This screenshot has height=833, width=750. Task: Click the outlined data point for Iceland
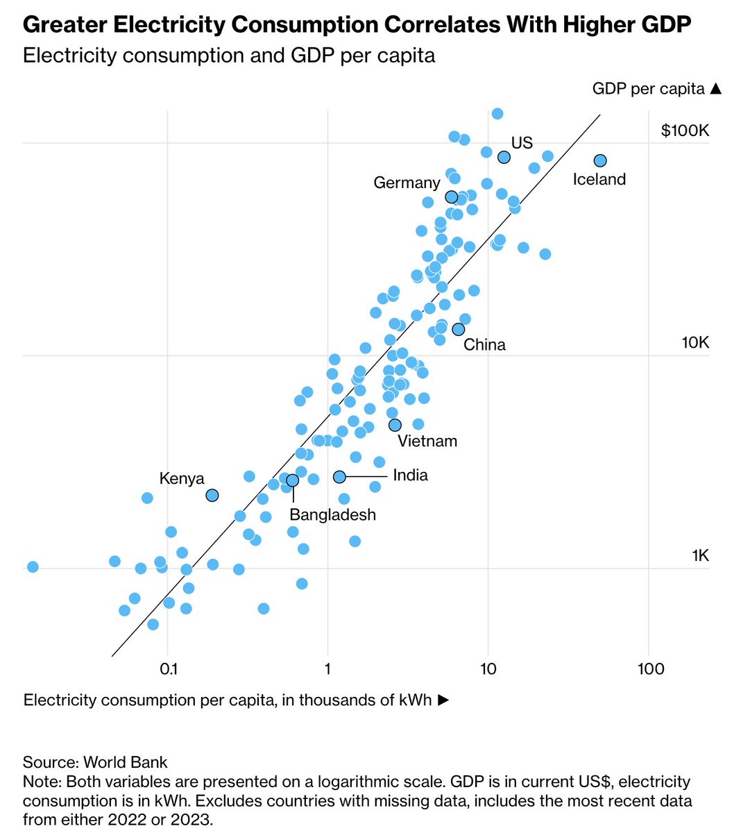(600, 160)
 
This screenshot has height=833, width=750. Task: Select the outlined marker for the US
(504, 157)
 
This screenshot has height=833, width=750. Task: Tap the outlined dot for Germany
(451, 196)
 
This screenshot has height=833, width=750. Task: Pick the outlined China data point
(458, 329)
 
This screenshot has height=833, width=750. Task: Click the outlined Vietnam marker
(395, 425)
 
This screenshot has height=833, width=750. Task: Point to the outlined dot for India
(339, 476)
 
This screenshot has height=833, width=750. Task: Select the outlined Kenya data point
(212, 495)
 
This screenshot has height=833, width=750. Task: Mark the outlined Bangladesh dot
(292, 480)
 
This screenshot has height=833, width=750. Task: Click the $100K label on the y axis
(685, 131)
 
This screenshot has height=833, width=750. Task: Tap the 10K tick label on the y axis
(695, 343)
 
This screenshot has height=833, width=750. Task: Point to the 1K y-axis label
(700, 556)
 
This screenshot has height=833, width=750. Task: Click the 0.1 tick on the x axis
(168, 669)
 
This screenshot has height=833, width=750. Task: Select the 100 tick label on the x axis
(649, 669)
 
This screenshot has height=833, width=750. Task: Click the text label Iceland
(599, 180)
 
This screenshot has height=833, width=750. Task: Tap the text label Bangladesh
(332, 515)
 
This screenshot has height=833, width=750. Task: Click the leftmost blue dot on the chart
(32, 566)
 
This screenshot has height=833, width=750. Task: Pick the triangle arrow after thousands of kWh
(443, 700)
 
